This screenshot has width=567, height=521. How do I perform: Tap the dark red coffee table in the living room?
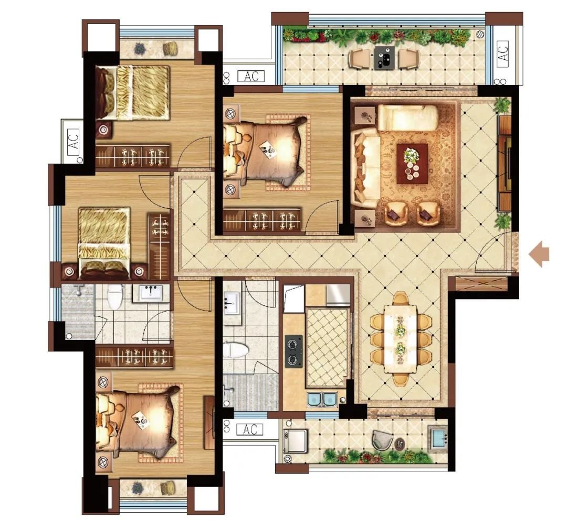point(412,164)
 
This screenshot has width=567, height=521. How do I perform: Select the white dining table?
point(400,339)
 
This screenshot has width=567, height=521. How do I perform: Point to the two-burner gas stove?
point(294,351)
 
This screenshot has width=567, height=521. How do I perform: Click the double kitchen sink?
point(322,399)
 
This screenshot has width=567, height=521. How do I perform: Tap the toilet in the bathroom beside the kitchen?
point(235,350)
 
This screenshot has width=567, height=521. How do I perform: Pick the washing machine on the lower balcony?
point(295,440)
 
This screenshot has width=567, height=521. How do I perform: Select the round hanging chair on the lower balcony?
point(382,440)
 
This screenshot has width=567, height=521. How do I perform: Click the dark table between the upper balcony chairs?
point(384,57)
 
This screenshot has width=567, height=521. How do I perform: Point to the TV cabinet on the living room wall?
point(506,163)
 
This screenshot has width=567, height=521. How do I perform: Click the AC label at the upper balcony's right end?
point(503,52)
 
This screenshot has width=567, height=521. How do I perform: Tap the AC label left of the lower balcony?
point(250,430)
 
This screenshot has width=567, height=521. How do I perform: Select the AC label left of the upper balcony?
point(251,76)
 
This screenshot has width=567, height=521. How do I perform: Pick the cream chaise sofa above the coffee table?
point(408,117)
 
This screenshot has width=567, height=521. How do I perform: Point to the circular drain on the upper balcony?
point(481,34)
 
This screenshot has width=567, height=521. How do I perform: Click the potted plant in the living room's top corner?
point(502,105)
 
